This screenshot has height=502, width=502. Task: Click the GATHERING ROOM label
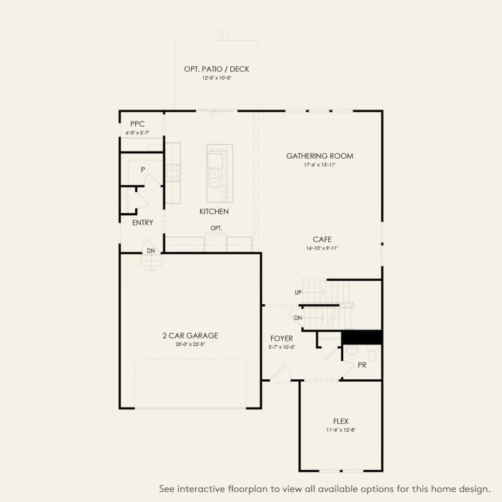319,156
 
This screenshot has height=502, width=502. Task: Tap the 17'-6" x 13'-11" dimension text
319,165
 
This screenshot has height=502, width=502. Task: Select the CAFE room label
322,239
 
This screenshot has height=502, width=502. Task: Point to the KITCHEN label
214,212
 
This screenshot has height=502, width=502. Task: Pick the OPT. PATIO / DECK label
216,69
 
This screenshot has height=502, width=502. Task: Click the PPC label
137,124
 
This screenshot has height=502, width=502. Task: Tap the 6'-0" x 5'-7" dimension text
137,132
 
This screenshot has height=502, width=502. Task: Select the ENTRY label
142,222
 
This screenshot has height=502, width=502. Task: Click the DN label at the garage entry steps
150,250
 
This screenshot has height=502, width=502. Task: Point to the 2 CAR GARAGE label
190,335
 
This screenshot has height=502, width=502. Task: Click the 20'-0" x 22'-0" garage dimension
190,344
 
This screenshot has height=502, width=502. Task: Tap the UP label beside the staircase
298,293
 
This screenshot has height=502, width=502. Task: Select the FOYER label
281,338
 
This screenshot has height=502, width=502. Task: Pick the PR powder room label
362,364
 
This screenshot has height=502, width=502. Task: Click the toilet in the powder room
352,350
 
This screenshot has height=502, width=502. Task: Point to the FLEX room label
341,421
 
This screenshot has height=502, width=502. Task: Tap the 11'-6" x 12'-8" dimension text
341,430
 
